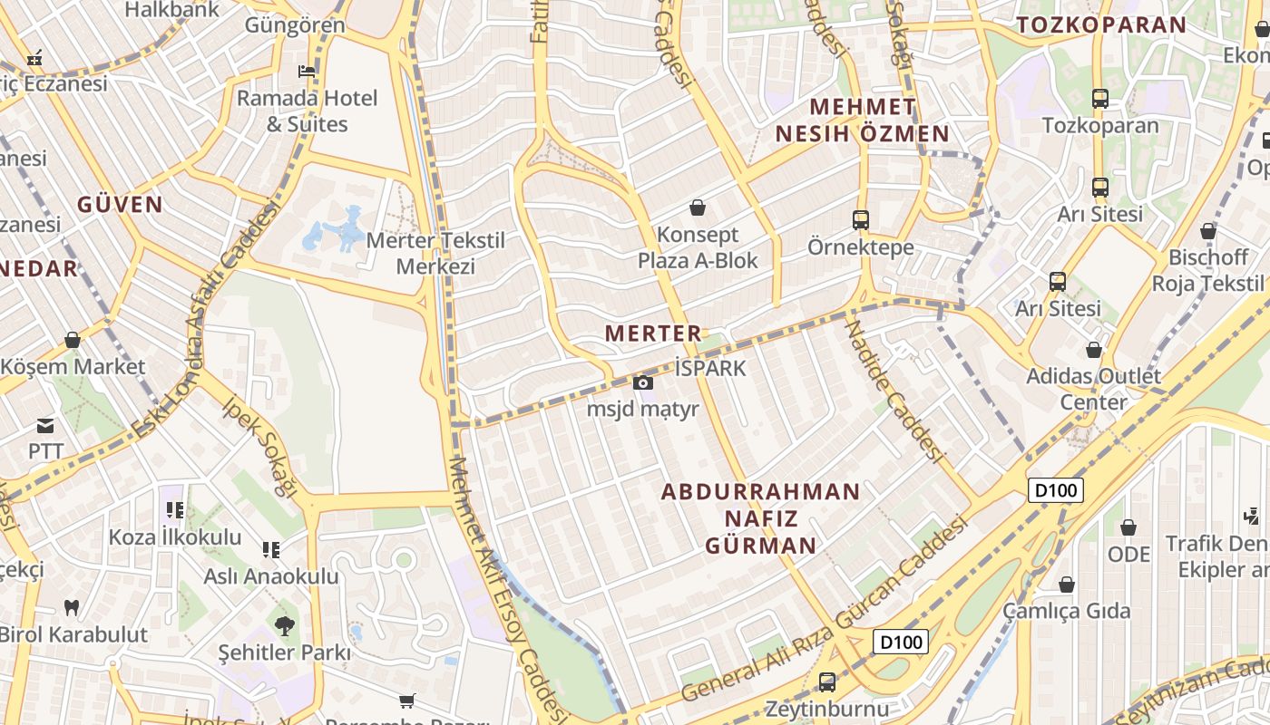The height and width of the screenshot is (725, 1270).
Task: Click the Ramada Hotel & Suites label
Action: click(x=307, y=111)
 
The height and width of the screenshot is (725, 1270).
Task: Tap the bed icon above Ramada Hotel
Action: click(x=307, y=72)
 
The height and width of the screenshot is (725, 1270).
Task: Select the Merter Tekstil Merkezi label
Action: click(x=436, y=253)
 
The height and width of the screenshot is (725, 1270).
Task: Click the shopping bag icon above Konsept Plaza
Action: click(x=698, y=208)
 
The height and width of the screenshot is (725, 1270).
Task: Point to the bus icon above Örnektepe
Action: click(x=860, y=220)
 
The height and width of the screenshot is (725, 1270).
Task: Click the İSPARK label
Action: click(x=710, y=368)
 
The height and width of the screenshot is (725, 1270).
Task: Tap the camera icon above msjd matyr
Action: click(x=643, y=382)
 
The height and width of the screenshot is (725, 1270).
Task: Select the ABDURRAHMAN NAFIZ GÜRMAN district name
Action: click(x=760, y=518)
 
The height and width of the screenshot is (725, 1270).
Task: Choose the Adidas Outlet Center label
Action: click(x=1093, y=389)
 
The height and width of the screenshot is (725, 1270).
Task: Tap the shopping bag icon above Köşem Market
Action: click(x=73, y=341)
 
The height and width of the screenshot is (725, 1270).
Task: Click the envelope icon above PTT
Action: click(x=45, y=426)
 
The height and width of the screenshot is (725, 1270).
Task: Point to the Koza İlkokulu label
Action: click(x=175, y=536)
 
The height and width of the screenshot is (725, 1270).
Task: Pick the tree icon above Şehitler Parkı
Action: click(x=284, y=625)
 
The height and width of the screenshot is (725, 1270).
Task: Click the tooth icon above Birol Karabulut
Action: click(x=72, y=608)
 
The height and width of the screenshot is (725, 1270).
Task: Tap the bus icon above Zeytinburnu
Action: click(x=826, y=682)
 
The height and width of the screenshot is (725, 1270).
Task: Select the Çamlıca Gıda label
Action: click(x=1067, y=611)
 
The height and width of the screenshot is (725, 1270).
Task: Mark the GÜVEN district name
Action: click(x=120, y=204)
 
